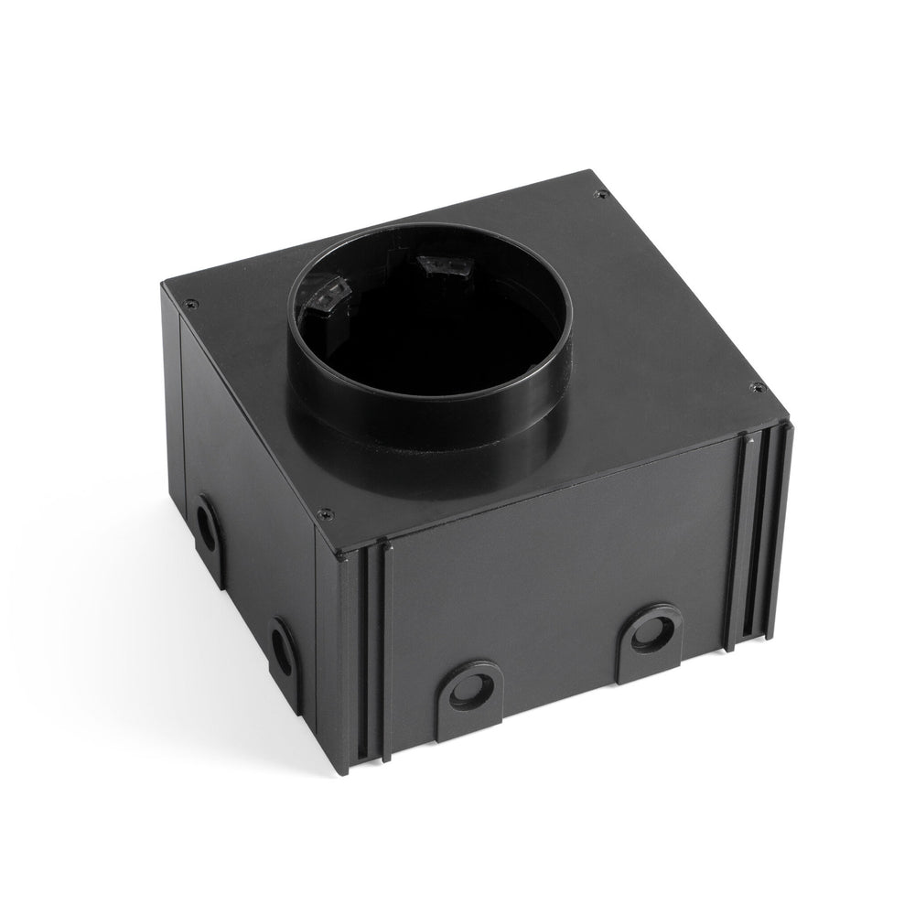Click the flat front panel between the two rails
[x=558, y=567]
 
